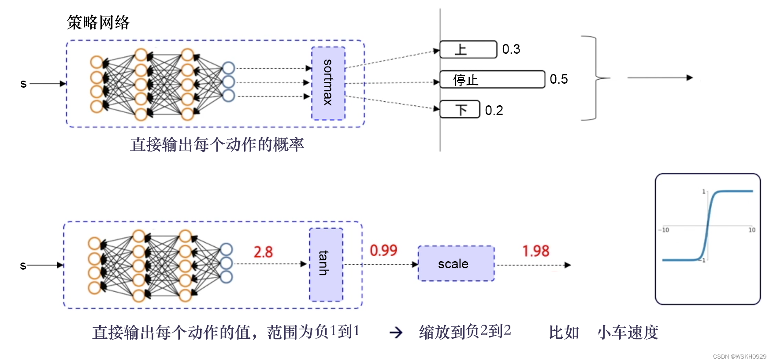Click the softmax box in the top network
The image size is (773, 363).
click(328, 83)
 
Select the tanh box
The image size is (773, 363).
click(326, 264)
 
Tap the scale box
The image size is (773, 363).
click(456, 263)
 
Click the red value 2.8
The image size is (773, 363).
click(263, 252)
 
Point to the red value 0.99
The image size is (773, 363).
click(383, 251)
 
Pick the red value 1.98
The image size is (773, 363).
click(536, 251)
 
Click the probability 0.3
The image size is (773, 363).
click(511, 49)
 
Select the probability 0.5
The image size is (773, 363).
click(559, 79)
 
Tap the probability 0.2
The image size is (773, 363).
click(494, 110)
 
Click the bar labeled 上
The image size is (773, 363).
click(468, 49)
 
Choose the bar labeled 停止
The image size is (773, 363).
click(492, 79)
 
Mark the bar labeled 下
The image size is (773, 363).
click(460, 109)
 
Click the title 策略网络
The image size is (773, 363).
click(98, 22)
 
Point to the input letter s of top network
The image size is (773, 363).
click(23, 83)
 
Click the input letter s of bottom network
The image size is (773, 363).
click(23, 265)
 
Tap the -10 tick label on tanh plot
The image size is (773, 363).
click(664, 230)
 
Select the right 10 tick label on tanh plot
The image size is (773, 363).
click(752, 230)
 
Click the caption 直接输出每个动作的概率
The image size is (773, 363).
click(217, 144)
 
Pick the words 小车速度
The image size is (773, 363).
click(628, 332)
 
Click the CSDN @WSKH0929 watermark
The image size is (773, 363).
click(740, 356)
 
